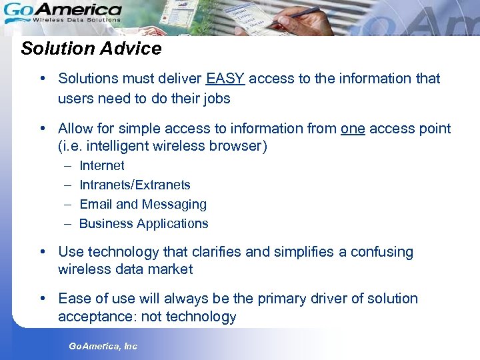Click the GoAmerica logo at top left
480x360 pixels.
click(63, 11)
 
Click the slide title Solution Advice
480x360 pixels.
click(91, 49)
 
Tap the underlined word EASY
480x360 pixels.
click(225, 79)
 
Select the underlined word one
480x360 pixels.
click(353, 129)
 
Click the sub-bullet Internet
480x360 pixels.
click(101, 165)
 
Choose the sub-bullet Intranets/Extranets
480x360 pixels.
click(135, 185)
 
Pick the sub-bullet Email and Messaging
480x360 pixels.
click(143, 204)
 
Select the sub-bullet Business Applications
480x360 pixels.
click(143, 223)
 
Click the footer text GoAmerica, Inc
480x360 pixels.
click(103, 346)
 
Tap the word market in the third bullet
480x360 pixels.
click(171, 269)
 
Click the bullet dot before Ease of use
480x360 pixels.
click(42, 299)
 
